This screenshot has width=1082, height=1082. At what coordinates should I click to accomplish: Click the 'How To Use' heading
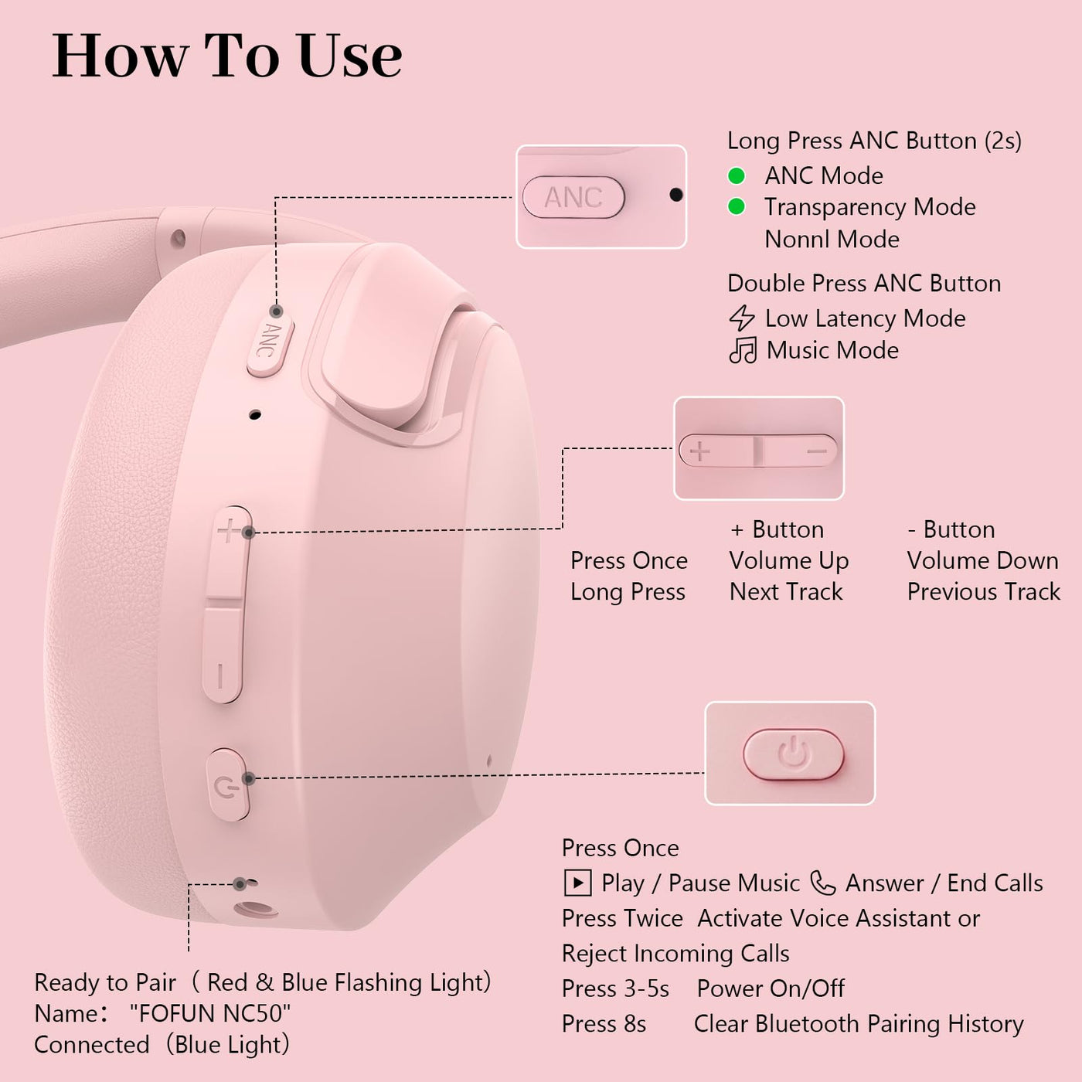pyautogui.click(x=227, y=56)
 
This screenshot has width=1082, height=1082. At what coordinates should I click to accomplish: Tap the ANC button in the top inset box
pyautogui.click(x=573, y=197)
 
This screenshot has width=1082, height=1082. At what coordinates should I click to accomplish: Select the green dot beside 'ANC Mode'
pyautogui.click(x=736, y=175)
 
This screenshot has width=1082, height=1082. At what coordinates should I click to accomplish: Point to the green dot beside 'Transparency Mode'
pyautogui.click(x=736, y=206)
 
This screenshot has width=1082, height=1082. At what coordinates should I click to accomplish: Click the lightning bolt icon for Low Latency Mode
pyautogui.click(x=742, y=318)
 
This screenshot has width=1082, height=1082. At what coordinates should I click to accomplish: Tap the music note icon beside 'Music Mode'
pyautogui.click(x=743, y=350)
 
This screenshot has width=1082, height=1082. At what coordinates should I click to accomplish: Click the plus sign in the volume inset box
pyautogui.click(x=699, y=451)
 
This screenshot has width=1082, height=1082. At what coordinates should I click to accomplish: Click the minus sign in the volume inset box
pyautogui.click(x=817, y=451)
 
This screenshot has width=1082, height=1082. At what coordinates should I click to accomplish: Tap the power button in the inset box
pyautogui.click(x=793, y=754)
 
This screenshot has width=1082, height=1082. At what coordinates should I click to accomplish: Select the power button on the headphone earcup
pyautogui.click(x=228, y=784)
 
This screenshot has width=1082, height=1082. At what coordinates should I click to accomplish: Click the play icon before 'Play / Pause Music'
pyautogui.click(x=577, y=883)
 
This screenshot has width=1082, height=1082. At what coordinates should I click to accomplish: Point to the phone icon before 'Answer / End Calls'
pyautogui.click(x=823, y=883)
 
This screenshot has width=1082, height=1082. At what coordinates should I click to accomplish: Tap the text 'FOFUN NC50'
pyautogui.click(x=210, y=1013)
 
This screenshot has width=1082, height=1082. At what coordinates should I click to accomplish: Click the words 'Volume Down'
pyautogui.click(x=982, y=560)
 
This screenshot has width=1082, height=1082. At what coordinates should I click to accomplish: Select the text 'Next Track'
pyautogui.click(x=786, y=591)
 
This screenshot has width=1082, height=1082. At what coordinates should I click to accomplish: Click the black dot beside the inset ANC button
pyautogui.click(x=676, y=195)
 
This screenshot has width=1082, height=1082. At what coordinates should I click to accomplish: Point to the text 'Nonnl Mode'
pyautogui.click(x=832, y=239)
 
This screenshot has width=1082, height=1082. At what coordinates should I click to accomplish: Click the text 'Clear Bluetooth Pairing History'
pyautogui.click(x=859, y=1024)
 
